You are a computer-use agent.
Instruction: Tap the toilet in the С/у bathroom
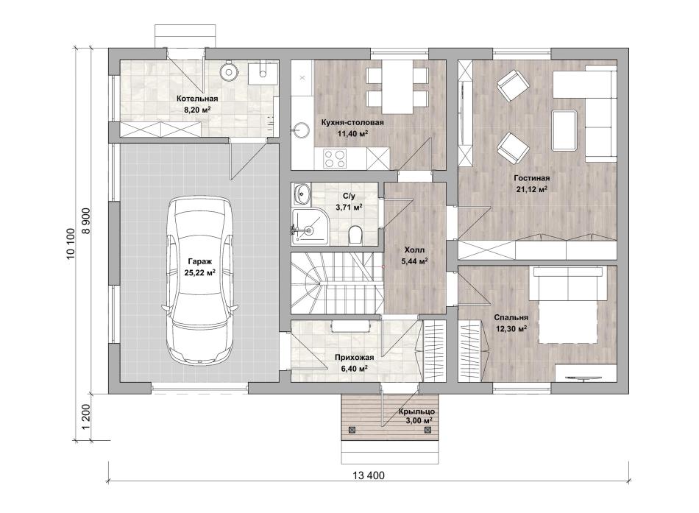[355, 234]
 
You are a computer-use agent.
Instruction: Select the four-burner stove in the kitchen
[335, 158]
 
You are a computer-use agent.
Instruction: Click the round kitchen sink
[302, 130]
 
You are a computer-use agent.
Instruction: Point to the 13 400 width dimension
[368, 475]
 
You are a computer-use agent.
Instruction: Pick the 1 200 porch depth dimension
[87, 417]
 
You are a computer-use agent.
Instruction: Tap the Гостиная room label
[533, 178]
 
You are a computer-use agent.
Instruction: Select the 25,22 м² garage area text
[199, 272]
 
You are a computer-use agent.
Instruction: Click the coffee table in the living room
[564, 130]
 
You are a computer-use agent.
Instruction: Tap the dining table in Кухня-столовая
[397, 86]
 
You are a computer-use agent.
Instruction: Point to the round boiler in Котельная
[230, 71]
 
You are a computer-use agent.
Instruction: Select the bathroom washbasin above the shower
[302, 194]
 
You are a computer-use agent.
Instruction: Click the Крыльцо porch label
[416, 411]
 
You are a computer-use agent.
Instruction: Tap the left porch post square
[352, 430]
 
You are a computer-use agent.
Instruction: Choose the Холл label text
[414, 250]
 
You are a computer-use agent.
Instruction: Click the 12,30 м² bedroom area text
[511, 329]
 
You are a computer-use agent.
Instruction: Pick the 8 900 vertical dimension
[87, 220]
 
